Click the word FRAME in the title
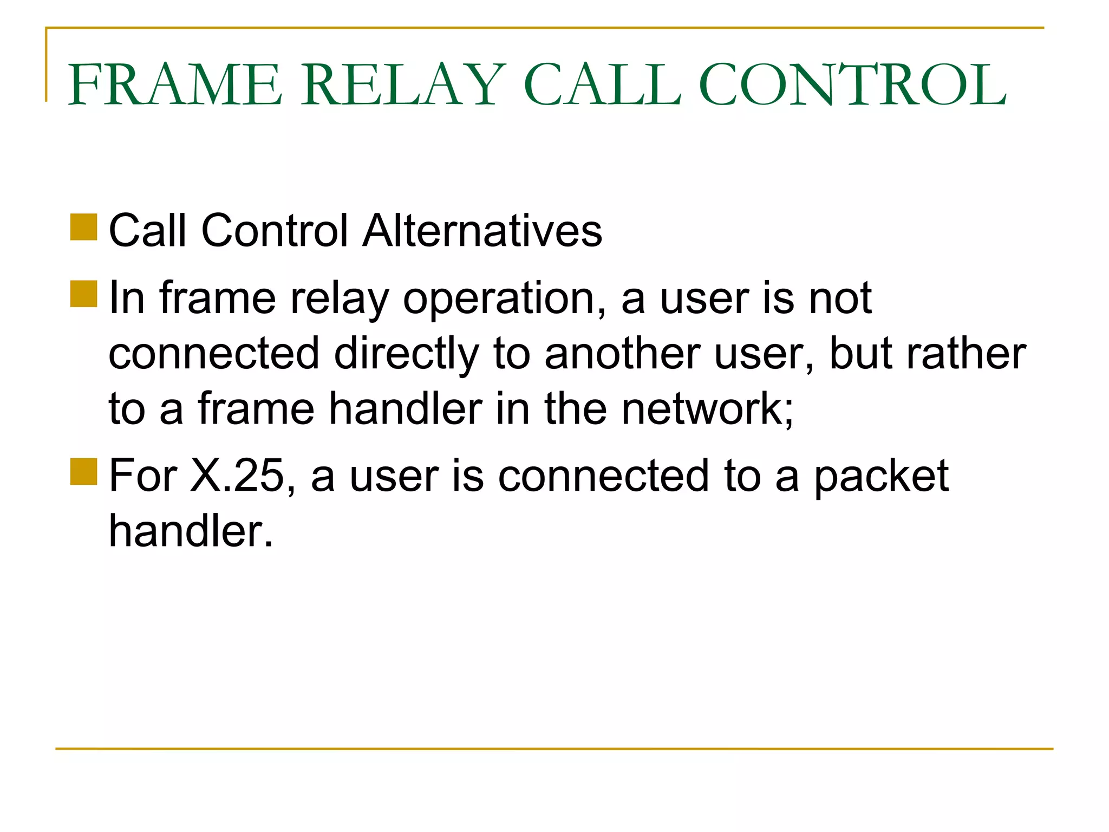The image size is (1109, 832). click(175, 85)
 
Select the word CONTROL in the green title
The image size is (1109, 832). click(852, 85)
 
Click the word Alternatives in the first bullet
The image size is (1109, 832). click(482, 231)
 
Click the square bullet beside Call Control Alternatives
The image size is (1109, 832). click(83, 227)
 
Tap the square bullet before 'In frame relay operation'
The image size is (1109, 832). click(83, 294)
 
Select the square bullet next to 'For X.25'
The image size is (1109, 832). click(83, 471)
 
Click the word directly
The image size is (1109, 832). click(407, 354)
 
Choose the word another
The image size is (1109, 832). click(622, 354)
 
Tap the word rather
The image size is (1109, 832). click(966, 354)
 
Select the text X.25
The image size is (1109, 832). click(237, 476)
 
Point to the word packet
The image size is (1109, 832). click(881, 476)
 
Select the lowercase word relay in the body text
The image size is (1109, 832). click(340, 298)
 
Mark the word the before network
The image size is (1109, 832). click(576, 409)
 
